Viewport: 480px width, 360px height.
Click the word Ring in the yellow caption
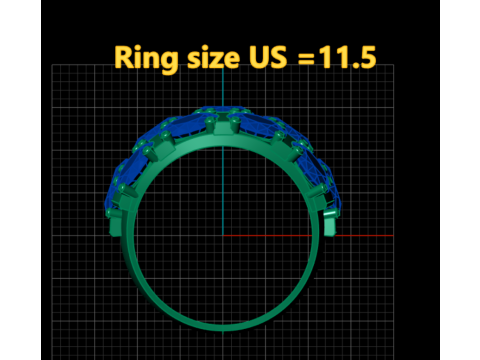pos(146,59)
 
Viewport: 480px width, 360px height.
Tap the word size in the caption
pos(214,57)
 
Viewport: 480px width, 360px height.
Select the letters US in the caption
pos(268,57)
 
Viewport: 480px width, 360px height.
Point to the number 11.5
pos(347,57)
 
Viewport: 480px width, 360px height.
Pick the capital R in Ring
pos(124,57)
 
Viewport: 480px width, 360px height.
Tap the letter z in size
pos(214,60)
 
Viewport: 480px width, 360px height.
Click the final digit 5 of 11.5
pos(367,57)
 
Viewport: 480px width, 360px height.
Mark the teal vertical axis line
pos(223,150)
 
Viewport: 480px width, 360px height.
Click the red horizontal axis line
pos(308,235)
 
